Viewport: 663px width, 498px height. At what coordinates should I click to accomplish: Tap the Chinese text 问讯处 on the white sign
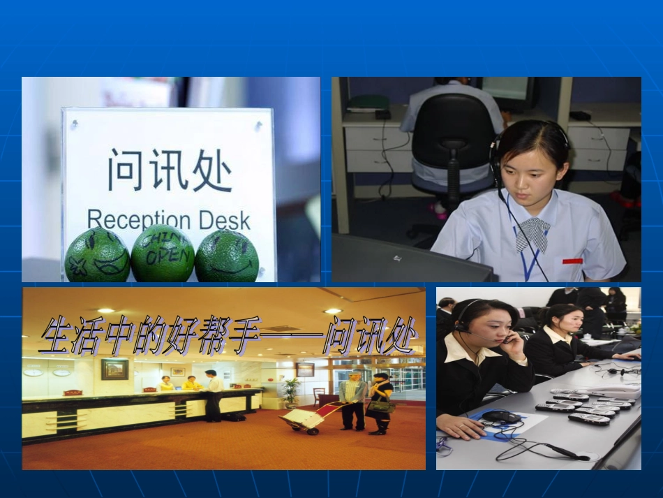click(x=169, y=169)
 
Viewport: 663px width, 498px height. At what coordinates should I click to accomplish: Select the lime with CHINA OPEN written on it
click(x=163, y=254)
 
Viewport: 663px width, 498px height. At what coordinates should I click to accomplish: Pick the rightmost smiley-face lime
click(x=227, y=256)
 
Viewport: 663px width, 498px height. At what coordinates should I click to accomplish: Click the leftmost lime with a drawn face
click(x=97, y=256)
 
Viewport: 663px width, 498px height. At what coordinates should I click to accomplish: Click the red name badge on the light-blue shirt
click(x=572, y=261)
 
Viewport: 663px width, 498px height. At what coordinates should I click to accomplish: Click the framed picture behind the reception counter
click(x=114, y=369)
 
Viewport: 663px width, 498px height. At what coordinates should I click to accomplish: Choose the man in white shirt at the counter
click(x=212, y=395)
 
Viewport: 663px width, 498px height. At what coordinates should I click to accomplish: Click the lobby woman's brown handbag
click(x=382, y=406)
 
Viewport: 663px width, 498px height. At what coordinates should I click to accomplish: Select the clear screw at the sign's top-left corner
click(x=73, y=124)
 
